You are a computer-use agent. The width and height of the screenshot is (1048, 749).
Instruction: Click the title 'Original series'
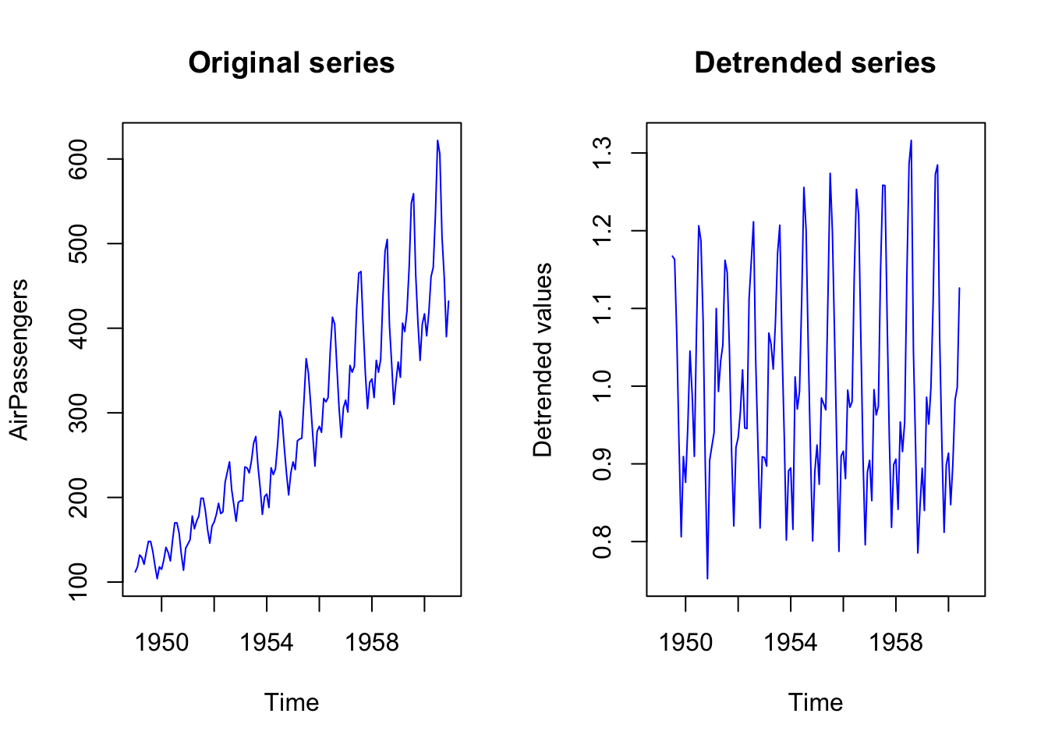291,62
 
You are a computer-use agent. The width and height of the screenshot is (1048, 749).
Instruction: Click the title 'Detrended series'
815,62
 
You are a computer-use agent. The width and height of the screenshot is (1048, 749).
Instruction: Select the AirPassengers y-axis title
19,360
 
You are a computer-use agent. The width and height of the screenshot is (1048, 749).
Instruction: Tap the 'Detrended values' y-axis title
543,360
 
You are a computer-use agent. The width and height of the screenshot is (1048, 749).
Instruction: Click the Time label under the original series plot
291,702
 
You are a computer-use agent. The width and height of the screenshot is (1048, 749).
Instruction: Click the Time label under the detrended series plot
815,702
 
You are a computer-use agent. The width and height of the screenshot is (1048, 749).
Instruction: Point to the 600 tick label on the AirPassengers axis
78,159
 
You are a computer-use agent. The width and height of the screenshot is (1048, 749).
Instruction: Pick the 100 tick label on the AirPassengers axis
78,582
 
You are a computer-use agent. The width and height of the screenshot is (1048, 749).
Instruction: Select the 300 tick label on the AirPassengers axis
78,413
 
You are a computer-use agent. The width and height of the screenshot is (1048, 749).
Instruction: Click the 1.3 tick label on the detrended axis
602,154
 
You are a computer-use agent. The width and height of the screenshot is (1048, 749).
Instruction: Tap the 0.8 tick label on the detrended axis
602,541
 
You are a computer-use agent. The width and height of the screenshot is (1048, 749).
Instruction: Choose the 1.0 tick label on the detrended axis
602,386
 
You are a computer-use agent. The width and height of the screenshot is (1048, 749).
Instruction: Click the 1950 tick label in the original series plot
161,642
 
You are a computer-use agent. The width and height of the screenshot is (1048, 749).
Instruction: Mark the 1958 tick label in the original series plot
372,642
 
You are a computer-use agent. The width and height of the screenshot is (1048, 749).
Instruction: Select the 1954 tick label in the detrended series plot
791,642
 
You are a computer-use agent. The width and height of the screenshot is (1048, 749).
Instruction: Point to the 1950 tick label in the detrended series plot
685,642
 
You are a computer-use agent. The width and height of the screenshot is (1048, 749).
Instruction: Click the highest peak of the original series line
437,141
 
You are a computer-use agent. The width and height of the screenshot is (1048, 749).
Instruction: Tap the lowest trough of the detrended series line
707,578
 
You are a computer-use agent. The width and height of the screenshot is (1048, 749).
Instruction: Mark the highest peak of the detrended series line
911,141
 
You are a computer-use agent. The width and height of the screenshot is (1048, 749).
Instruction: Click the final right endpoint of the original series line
448,301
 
